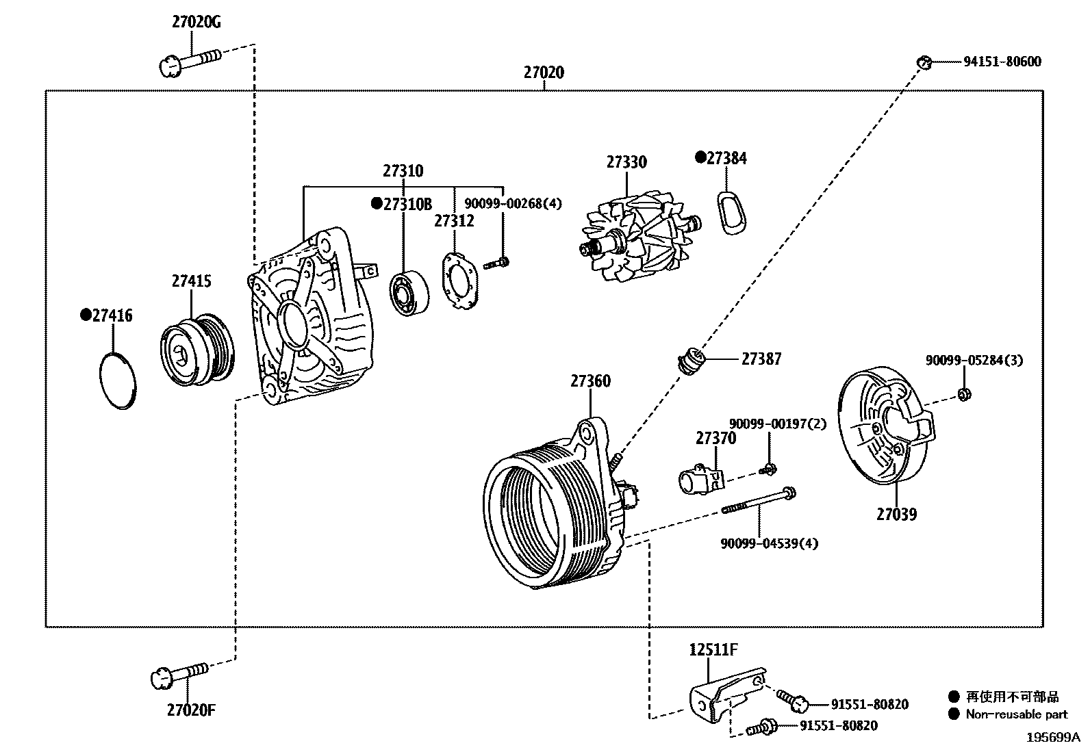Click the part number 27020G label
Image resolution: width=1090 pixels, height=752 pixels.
pos(196,22)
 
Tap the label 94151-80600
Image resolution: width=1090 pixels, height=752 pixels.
pos(1002,62)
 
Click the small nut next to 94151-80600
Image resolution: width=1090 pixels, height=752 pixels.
pos(924,62)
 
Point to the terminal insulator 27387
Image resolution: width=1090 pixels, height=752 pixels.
pos(692,360)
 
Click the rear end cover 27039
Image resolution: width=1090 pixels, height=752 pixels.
pos(883,428)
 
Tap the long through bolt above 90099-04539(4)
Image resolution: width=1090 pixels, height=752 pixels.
pos(759,500)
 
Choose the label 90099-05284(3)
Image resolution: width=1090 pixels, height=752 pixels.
pos(974,360)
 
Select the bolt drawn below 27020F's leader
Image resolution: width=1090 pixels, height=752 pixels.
pos(178,674)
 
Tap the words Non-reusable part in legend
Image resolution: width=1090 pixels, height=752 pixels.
pos(1016,714)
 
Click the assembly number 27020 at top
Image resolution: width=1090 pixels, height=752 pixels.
pos(544,73)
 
